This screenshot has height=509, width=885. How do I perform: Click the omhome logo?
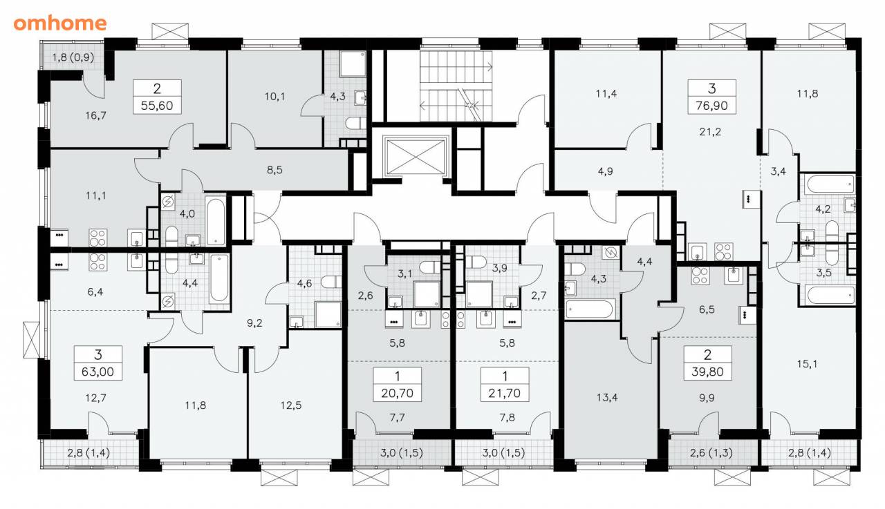tap(60, 23)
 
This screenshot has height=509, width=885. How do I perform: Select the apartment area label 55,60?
tap(157, 106)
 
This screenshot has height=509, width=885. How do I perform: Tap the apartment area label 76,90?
tap(711, 106)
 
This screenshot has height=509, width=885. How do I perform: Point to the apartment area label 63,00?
tap(97, 372)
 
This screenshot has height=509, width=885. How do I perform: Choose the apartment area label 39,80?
tap(707, 372)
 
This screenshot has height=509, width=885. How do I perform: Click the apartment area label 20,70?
tap(397, 393)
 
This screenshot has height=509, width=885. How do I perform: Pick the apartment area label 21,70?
tap(505, 393)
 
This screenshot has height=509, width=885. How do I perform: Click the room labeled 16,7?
tap(95, 115)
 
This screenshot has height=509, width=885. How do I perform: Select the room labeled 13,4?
tap(607, 397)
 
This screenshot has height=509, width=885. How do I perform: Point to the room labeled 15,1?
tap(807, 364)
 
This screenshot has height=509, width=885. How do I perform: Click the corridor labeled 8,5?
tap(274, 170)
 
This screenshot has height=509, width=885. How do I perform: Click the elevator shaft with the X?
tap(416, 157)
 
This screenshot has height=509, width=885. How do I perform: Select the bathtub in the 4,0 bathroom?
tap(215, 222)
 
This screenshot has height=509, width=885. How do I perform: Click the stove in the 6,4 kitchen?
tap(97, 262)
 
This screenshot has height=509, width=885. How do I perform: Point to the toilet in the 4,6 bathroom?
tap(331, 282)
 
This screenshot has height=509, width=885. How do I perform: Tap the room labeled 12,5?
tap(291, 405)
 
